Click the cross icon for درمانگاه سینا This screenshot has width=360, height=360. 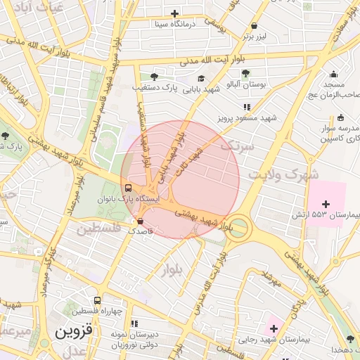tap(175, 13)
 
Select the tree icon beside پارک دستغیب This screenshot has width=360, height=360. tap(154, 77)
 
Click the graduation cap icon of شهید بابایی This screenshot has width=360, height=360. tap(202, 79)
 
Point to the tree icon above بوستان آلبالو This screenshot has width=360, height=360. tap(245, 73)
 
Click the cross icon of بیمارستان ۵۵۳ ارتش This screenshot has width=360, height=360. tap(326, 203)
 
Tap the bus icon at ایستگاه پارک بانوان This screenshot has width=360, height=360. tap(128, 188)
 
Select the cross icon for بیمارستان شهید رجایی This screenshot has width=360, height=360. tap(273, 328)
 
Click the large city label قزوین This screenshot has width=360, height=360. tap(75, 330)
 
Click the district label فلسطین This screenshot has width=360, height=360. tap(98, 229)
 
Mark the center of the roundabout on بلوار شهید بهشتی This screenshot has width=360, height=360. tap(239, 227)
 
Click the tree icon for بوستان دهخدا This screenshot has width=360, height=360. tap(350, 340)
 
